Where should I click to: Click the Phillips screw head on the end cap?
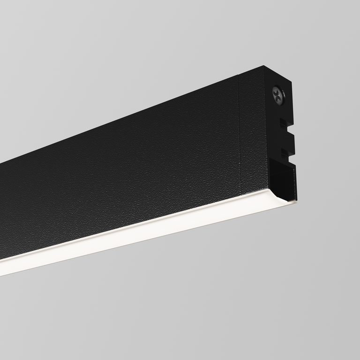(x=278, y=95)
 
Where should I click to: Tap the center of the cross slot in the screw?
(x=278, y=95)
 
